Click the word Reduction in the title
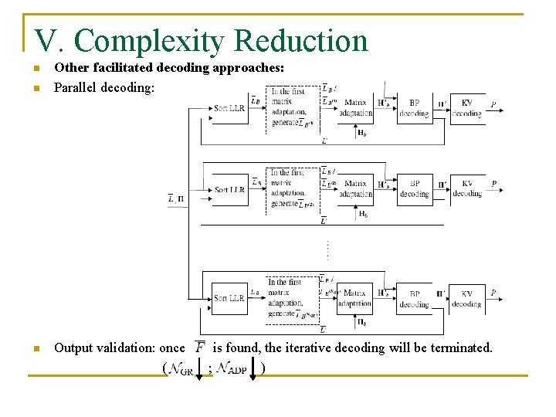pos(301,40)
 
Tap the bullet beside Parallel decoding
pos(36,88)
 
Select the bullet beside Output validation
pos(36,348)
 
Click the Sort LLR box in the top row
pos(229,108)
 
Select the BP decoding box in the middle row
pos(415,189)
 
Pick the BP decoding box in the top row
pos(415,108)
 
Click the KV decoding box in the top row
pos(466,108)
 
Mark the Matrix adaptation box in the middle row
pos(355,189)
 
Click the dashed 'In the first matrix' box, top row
pos(292,108)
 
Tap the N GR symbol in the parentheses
pos(180,369)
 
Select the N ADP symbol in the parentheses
pos(232,369)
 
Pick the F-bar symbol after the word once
pos(200,347)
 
